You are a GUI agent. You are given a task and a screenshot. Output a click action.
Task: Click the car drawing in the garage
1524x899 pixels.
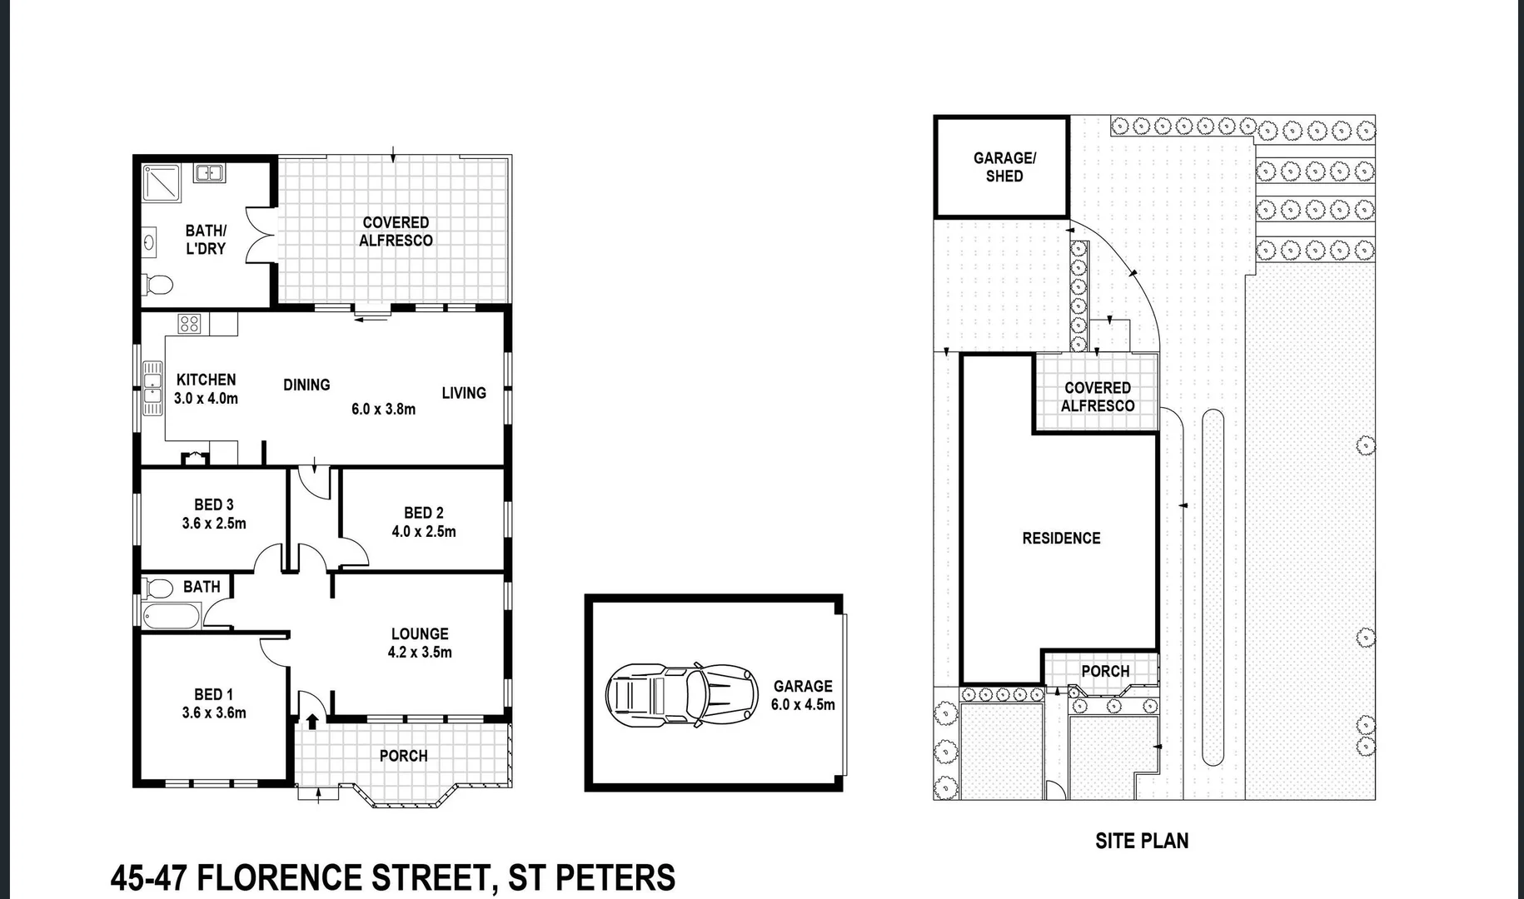pos(681,693)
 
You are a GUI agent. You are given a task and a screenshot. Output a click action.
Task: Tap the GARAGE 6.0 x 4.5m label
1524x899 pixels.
pos(802,695)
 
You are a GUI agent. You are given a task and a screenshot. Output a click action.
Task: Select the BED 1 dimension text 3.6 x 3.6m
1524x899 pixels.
pos(214,713)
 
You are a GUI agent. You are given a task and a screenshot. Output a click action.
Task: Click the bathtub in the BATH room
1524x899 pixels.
pos(172,617)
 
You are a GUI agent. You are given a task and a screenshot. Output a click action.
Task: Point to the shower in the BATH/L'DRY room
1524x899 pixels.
pos(162,183)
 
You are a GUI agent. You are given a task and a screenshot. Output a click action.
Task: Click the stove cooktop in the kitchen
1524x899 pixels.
pos(189,323)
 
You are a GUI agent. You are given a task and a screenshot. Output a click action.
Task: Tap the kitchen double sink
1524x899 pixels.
pos(152,388)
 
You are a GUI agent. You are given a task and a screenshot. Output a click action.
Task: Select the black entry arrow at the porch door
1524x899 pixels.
pos(312,721)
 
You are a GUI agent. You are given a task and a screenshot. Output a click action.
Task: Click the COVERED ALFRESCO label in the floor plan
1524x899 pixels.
pos(396,231)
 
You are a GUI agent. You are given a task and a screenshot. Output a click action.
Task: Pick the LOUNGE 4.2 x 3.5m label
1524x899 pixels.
pos(420,643)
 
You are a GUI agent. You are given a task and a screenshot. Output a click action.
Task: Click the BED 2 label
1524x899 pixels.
pos(423,513)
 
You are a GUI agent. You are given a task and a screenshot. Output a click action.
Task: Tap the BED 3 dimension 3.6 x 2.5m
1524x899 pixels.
pos(214,524)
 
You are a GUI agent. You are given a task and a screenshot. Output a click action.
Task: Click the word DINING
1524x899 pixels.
pos(306,385)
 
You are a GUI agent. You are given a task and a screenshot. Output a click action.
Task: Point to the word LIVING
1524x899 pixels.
pos(464,393)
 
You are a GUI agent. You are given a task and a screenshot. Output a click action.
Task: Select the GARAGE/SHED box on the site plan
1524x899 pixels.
pos(1001,166)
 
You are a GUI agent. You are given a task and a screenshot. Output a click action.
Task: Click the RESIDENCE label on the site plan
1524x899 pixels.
pos(1061,539)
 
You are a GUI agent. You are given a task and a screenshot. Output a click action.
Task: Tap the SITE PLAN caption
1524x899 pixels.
pos(1141,841)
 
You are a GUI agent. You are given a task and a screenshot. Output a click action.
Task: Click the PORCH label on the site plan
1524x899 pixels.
pos(1105,671)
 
